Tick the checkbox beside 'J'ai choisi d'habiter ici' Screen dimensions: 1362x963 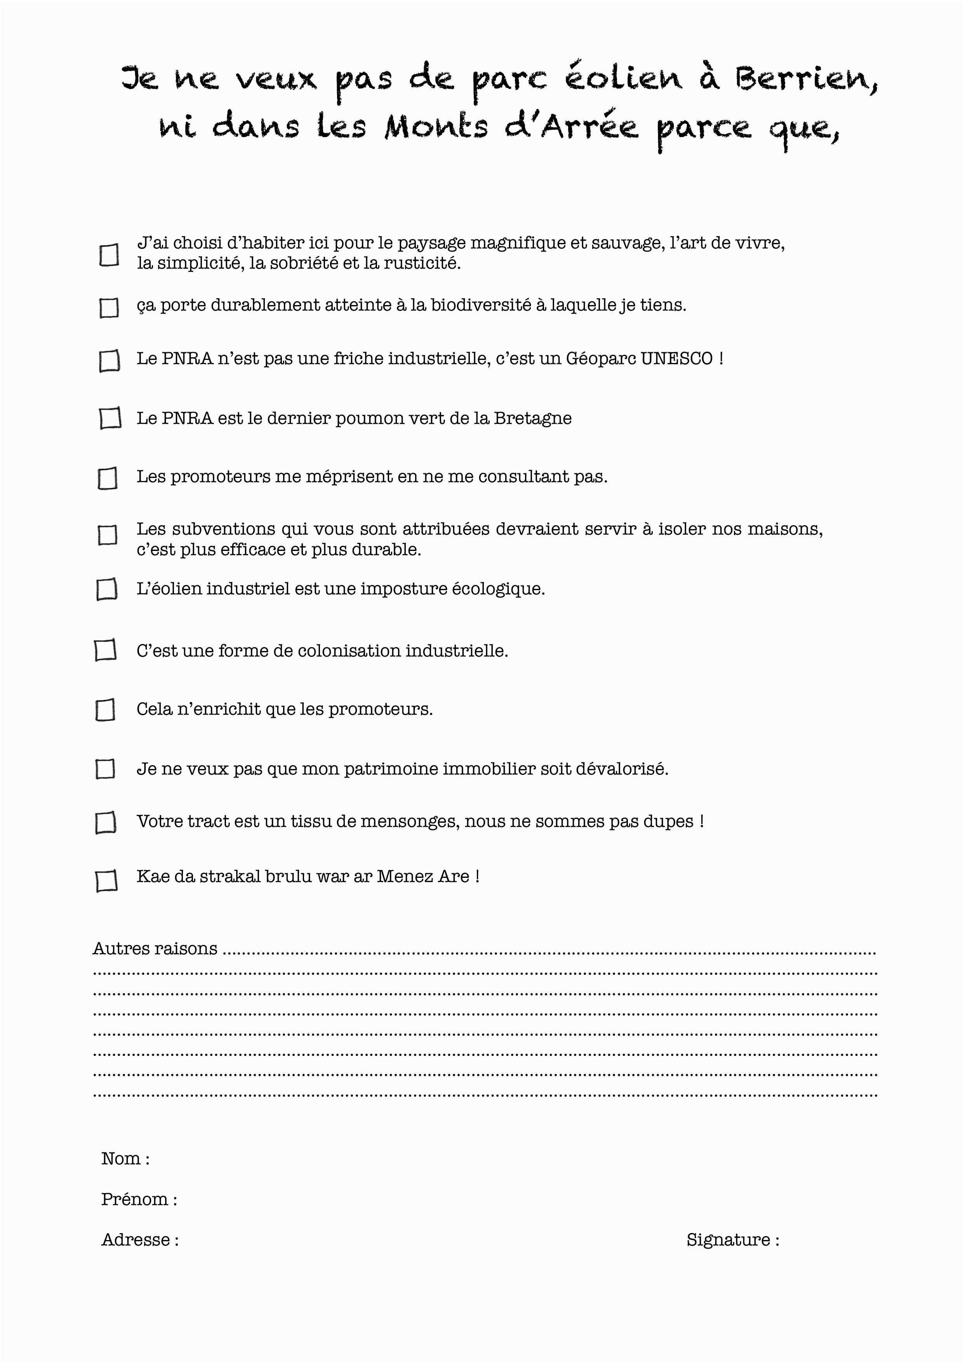point(109,255)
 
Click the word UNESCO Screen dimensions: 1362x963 point(676,359)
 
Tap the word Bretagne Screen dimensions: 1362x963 point(532,418)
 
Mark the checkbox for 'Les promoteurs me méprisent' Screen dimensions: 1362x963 point(108,478)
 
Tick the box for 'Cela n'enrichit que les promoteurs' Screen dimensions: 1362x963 point(105,709)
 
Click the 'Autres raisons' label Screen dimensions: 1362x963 point(155,949)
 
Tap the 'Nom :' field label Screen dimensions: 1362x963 point(125,1159)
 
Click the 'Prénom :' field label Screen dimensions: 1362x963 point(139,1199)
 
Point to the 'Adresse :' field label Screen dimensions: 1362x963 point(140,1239)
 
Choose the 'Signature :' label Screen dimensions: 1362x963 point(733,1239)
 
